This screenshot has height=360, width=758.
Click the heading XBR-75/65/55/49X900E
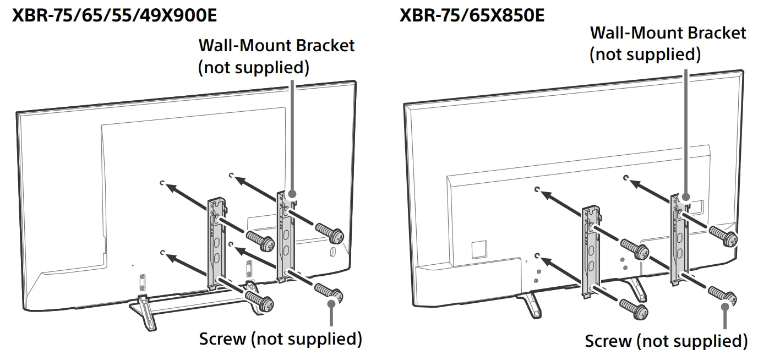[x=114, y=15]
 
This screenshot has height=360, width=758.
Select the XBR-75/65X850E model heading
[x=472, y=15]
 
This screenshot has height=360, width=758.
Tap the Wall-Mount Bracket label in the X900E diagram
[x=276, y=56]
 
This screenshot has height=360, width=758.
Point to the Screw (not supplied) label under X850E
[x=666, y=341]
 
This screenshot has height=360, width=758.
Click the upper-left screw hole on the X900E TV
[x=162, y=183]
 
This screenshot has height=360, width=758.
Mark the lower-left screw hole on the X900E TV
[x=162, y=252]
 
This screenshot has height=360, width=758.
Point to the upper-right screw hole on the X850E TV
[x=626, y=178]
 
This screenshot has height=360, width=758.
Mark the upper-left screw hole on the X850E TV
[x=537, y=189]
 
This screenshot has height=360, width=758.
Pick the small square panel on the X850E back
[x=477, y=249]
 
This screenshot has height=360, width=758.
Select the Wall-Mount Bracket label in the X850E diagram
[x=668, y=43]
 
